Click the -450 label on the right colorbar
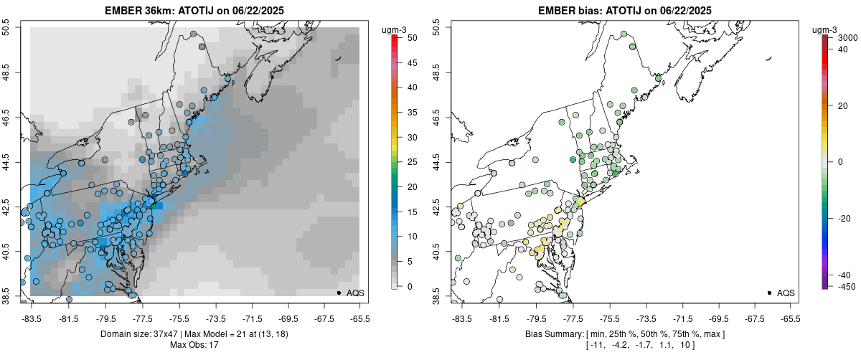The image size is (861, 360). pyautogui.click(x=843, y=286)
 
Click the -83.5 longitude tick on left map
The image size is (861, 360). pyautogui.click(x=32, y=318)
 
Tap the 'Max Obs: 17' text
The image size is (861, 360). pyautogui.click(x=194, y=345)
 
